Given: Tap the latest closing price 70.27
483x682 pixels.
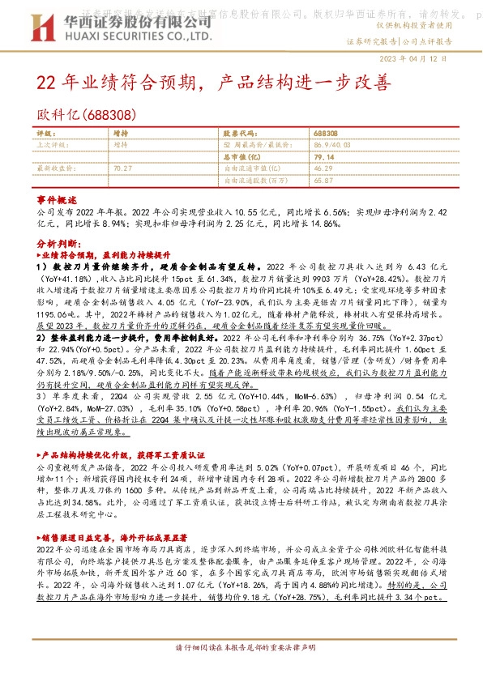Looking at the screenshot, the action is tap(123, 168).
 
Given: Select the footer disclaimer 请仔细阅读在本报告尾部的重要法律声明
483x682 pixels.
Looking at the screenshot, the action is tap(241, 671).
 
